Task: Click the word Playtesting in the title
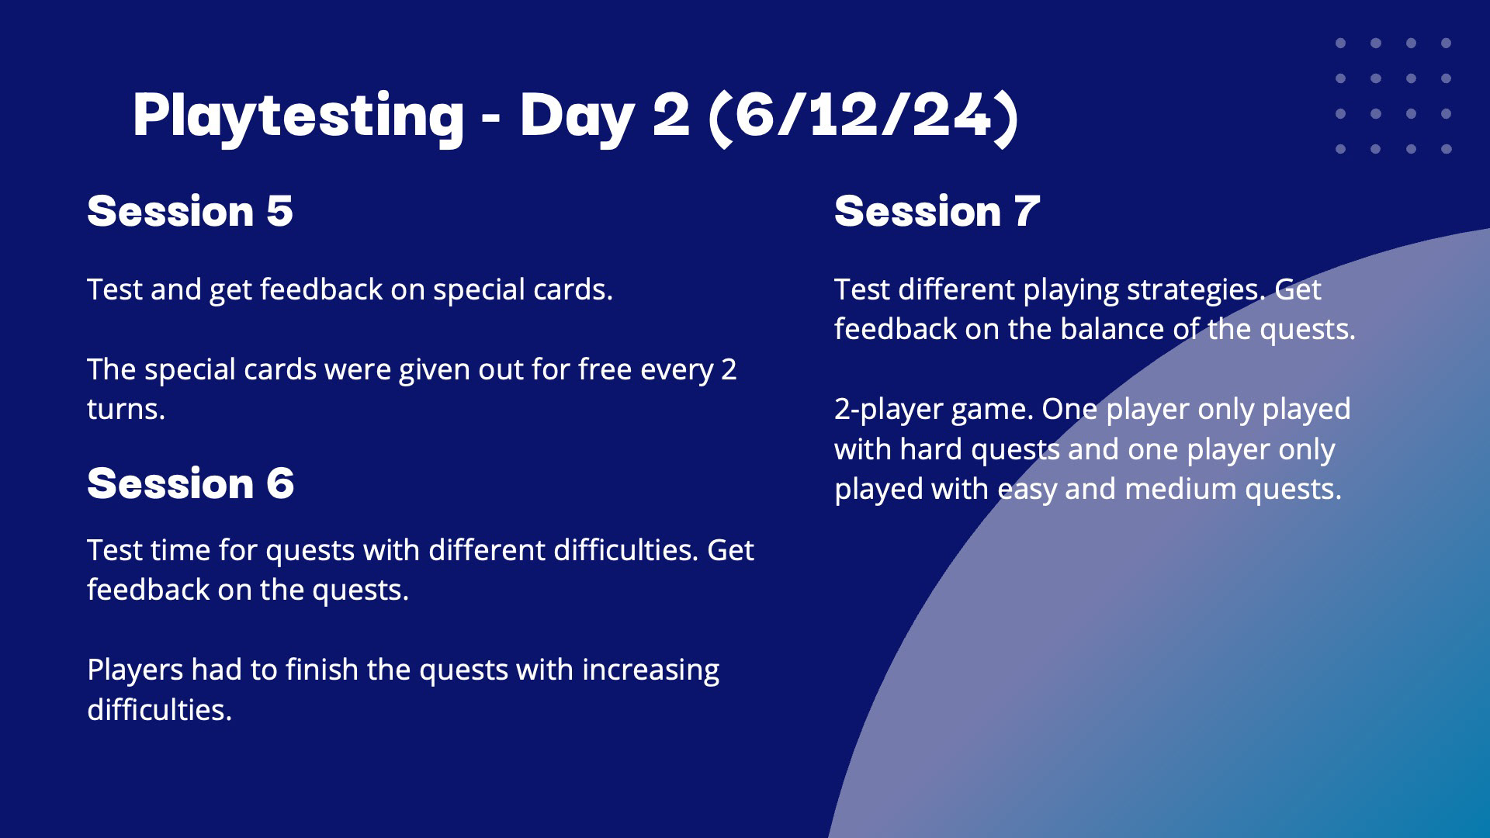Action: pos(299,116)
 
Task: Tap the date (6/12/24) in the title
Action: pos(864,116)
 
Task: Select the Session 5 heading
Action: pos(190,211)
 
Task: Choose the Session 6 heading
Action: pos(191,483)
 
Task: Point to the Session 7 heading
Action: pos(937,211)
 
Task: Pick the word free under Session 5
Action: pos(605,369)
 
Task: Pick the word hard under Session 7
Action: pos(930,449)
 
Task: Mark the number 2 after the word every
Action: pos(729,370)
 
